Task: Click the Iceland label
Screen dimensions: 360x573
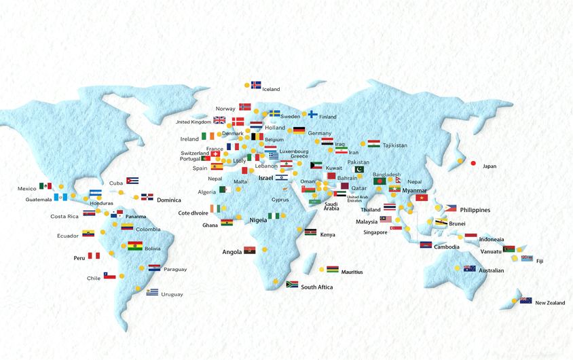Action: [x=271, y=89]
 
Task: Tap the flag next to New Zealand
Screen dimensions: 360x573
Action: [x=525, y=300]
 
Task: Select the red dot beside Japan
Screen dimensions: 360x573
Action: [x=473, y=163]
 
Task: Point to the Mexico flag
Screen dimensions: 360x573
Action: [x=45, y=186]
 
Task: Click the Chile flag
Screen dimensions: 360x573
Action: [x=109, y=276]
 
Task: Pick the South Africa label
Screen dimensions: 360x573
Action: [x=316, y=287]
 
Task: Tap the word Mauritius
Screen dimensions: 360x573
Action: [x=352, y=272]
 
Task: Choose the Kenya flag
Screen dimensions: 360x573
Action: [x=310, y=232]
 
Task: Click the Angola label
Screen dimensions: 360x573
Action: [x=232, y=252]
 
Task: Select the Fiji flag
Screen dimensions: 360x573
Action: [x=527, y=258]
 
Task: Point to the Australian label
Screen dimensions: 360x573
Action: [x=491, y=270]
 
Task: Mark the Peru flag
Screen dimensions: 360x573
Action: [x=94, y=256]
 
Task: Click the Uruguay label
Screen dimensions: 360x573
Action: [x=172, y=294]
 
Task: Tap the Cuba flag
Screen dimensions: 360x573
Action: [x=132, y=181]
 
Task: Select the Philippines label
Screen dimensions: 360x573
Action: [x=475, y=210]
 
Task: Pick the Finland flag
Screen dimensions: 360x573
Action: [x=312, y=114]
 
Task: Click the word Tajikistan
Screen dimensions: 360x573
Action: [x=394, y=145]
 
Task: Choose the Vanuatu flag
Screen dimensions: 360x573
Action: [x=509, y=249]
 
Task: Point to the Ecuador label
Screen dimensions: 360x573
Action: [x=68, y=236]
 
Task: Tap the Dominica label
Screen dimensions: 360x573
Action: [x=169, y=200]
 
